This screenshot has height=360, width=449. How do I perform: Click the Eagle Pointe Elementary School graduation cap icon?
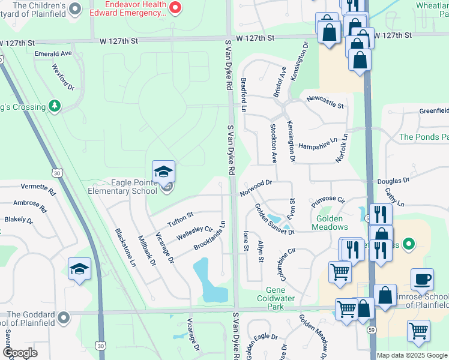pyautogui.click(x=163, y=172)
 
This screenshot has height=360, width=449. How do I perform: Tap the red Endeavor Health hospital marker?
pyautogui.click(x=175, y=7)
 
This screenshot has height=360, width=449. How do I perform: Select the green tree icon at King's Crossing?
pyautogui.click(x=55, y=106)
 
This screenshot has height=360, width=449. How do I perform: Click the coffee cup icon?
pyautogui.click(x=422, y=280)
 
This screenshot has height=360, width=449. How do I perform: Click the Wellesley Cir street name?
pyautogui.click(x=195, y=233)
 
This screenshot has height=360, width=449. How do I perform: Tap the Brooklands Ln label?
pyautogui.click(x=209, y=236)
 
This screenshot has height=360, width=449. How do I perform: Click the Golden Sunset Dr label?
pyautogui.click(x=274, y=219)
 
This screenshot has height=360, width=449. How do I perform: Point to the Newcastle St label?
pyautogui.click(x=325, y=102)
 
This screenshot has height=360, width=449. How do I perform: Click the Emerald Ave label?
pyautogui.click(x=53, y=53)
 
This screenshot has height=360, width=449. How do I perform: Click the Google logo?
pyautogui.click(x=20, y=353)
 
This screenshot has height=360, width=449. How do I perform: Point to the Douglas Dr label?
pyautogui.click(x=393, y=180)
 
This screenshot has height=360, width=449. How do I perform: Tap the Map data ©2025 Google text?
pyautogui.click(x=411, y=355)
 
